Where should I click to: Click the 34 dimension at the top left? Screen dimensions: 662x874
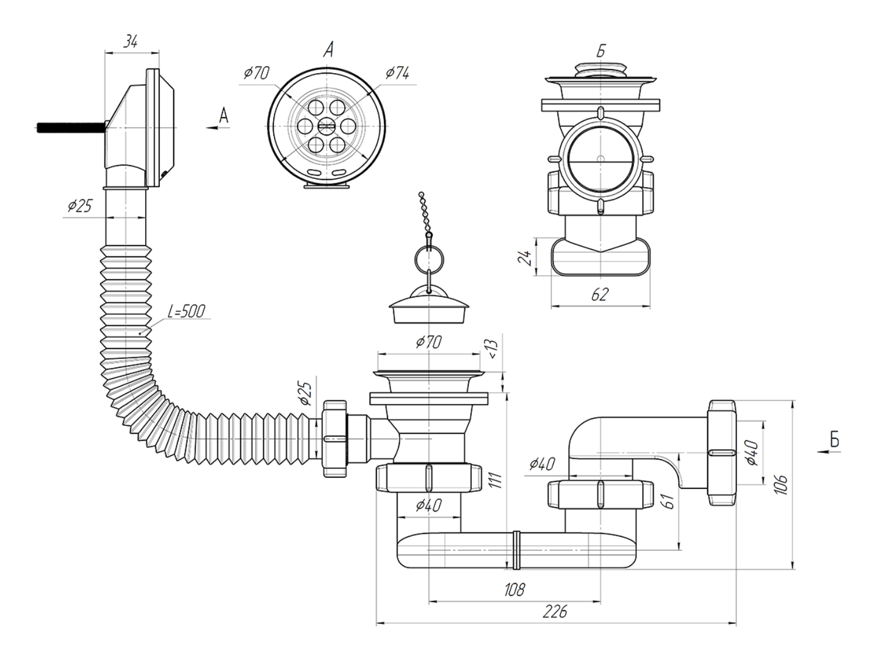[131, 42]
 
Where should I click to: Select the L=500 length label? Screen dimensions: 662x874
[186, 311]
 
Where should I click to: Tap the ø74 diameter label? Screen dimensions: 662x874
[397, 73]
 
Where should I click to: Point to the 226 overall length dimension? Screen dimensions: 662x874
[554, 612]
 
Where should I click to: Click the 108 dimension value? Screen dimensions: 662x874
[514, 589]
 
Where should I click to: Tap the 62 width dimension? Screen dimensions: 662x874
[599, 294]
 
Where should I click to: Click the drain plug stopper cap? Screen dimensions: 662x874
[430, 308]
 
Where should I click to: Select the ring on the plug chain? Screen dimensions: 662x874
[429, 256]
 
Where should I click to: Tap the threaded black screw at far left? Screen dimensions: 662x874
[71, 127]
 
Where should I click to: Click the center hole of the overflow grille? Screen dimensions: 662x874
[327, 125]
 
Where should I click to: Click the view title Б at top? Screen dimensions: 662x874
[601, 51]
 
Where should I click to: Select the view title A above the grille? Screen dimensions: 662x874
[328, 50]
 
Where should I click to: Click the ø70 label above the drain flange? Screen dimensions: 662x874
[429, 342]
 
